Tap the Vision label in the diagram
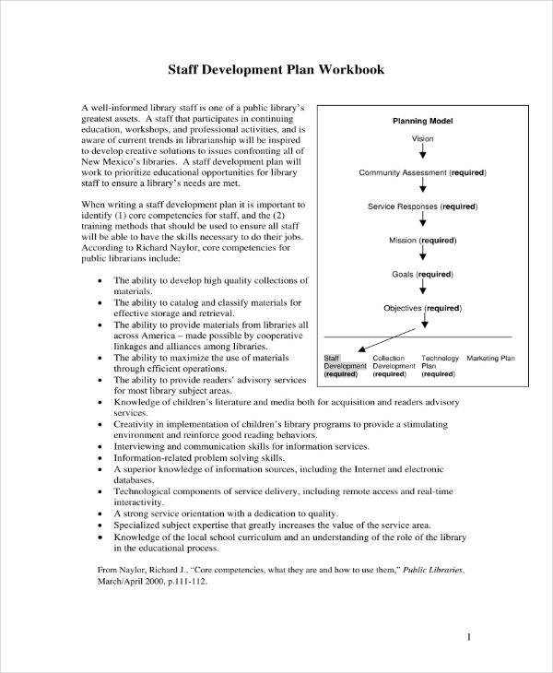422,138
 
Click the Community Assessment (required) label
422,172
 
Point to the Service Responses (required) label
422,207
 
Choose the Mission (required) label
422,240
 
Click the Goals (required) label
422,274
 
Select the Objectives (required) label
422,308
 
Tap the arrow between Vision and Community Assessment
422,155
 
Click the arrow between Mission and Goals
422,256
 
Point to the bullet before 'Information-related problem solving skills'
100,457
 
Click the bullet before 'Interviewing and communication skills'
100,444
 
